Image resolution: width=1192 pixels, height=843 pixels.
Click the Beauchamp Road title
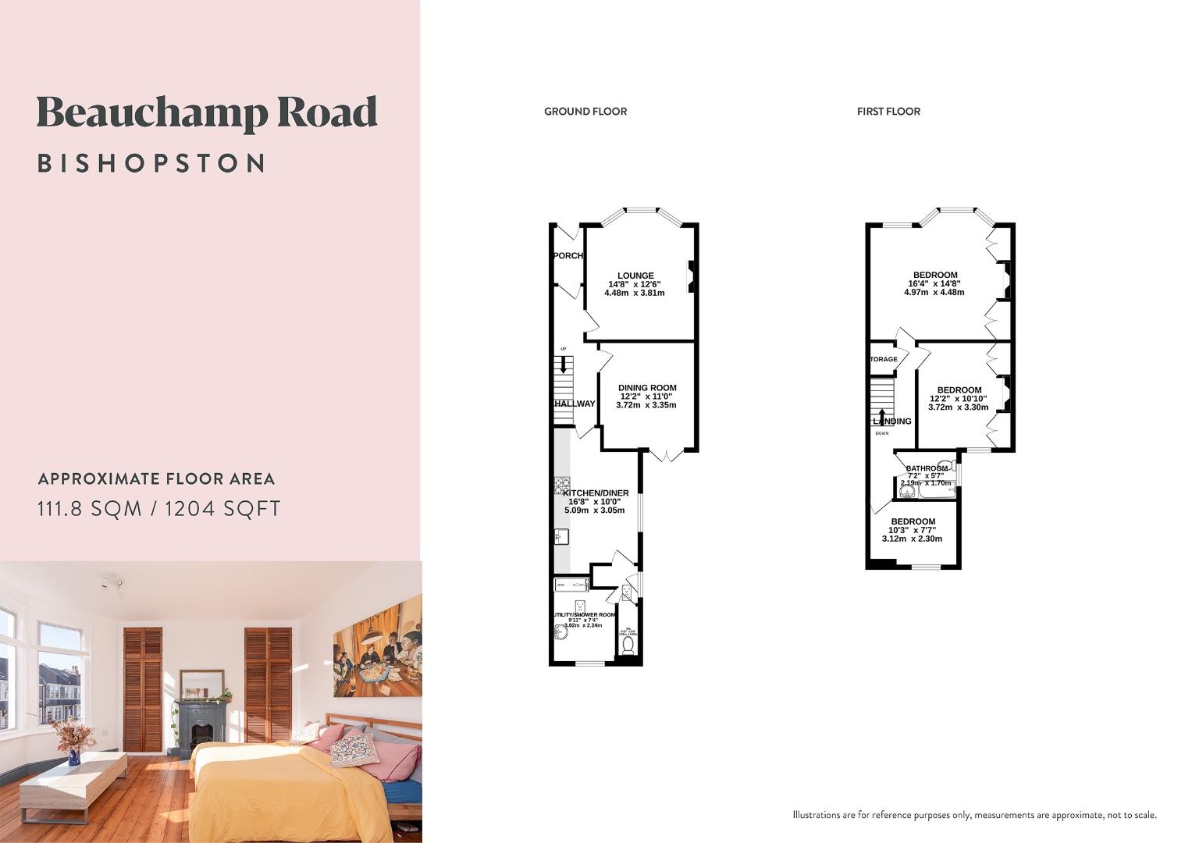point(207,113)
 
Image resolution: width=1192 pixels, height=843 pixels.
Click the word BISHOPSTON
point(152,163)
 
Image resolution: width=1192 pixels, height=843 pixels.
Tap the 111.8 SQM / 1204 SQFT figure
point(159,509)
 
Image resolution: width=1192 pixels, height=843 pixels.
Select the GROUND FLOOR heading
point(585,112)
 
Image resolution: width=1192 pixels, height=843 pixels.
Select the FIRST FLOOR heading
point(888,112)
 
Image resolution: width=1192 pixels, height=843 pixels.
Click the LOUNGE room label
point(635,276)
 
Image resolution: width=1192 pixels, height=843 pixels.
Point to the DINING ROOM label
point(647,388)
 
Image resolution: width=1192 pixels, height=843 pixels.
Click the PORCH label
point(568,256)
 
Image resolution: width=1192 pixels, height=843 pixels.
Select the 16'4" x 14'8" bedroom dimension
point(936,284)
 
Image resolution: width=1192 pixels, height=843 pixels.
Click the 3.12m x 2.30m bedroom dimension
point(912,539)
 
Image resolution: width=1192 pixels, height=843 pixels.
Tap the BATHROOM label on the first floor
point(927,468)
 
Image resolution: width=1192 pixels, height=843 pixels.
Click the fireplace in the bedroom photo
point(201,726)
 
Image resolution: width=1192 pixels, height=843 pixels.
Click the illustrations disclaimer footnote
point(974,815)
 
